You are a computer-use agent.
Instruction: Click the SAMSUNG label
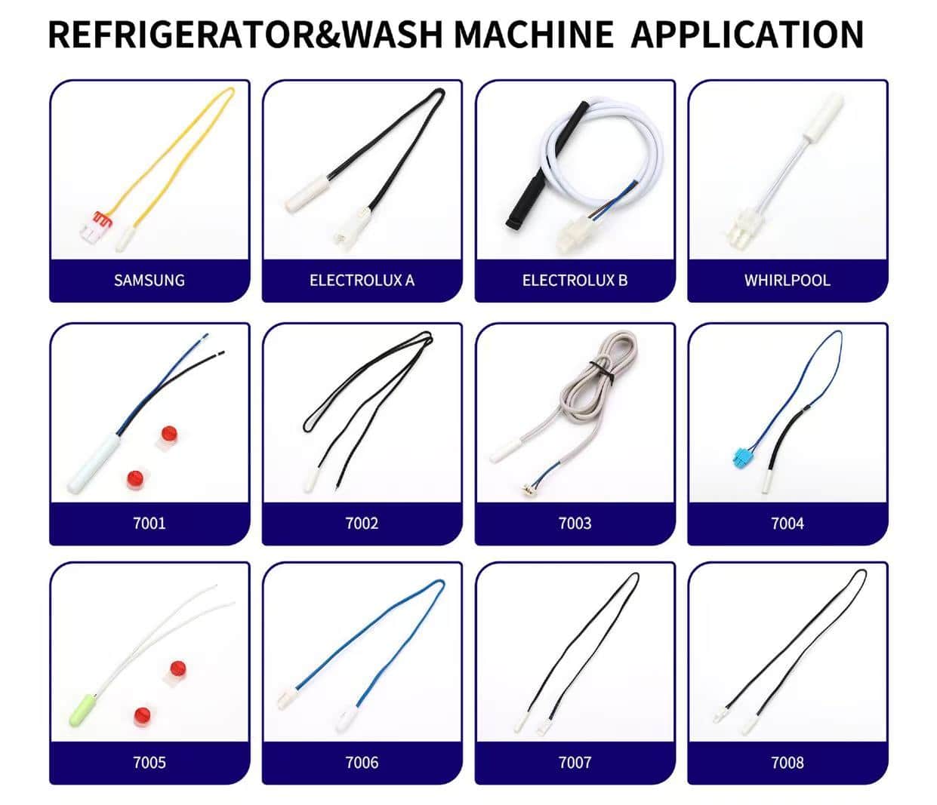[149, 281]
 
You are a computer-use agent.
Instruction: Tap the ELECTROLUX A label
[362, 281]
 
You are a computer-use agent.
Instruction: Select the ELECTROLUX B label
[575, 281]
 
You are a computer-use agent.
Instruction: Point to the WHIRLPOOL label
[788, 281]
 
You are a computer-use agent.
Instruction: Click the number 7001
[149, 524]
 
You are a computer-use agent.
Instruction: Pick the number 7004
[788, 524]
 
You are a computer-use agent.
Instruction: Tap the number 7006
[362, 763]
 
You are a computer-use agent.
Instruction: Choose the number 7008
[788, 763]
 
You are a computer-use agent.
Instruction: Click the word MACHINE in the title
[534, 35]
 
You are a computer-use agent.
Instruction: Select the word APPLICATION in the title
[747, 35]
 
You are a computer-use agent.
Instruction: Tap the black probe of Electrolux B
[546, 165]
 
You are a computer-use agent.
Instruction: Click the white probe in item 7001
[94, 462]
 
